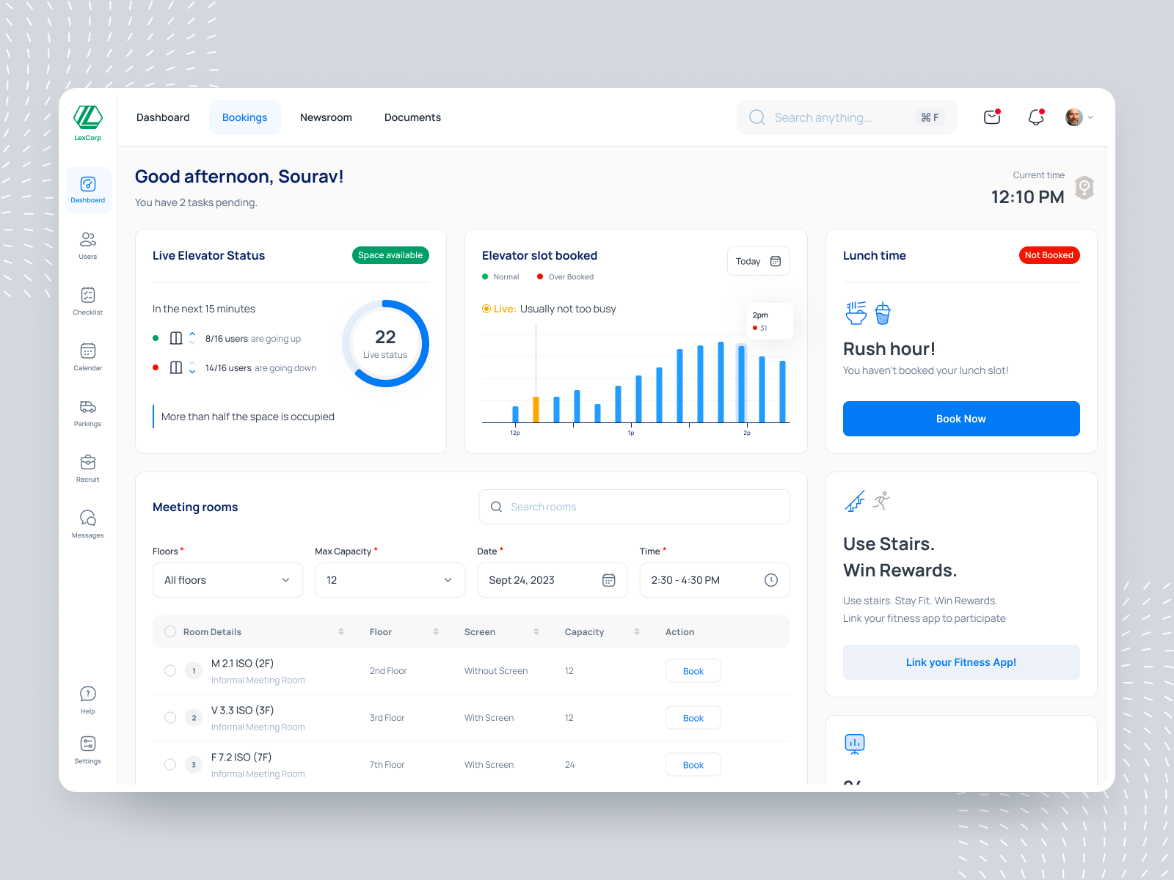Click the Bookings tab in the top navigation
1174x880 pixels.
244,117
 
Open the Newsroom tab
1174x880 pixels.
326,117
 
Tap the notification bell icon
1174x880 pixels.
1035,117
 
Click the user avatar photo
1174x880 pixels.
1073,117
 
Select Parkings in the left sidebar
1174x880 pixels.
87,413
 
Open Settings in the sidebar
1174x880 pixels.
87,749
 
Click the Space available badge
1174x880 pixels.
390,255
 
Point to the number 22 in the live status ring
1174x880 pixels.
385,337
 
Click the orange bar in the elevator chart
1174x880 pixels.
536,409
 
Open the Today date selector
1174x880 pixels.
758,261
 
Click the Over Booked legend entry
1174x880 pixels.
566,277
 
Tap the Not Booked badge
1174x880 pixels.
1049,255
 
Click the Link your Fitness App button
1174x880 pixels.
960,662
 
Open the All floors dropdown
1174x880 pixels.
227,580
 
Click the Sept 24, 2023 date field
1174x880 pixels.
552,580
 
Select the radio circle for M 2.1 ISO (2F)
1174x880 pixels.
170,670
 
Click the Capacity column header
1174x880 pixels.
585,632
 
